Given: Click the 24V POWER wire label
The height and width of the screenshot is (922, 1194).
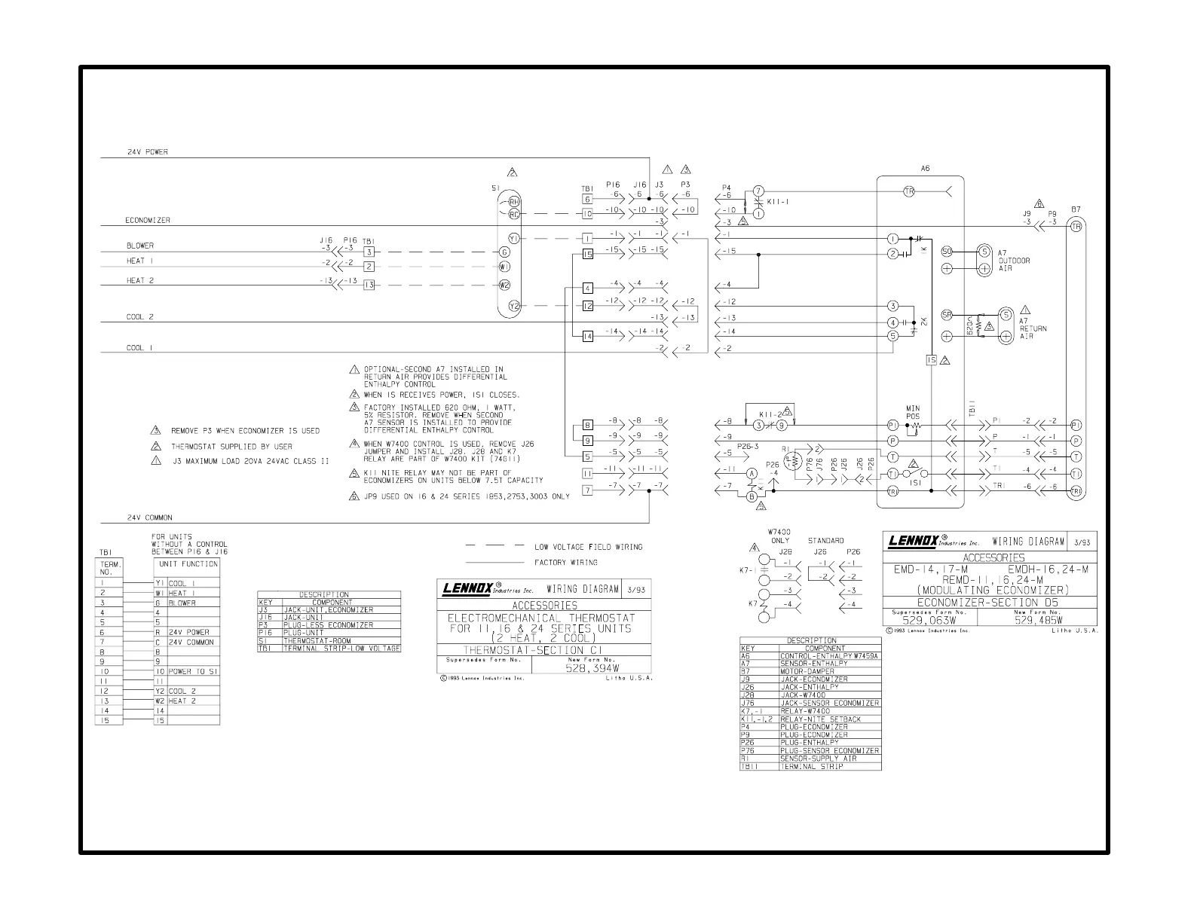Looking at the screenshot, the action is click(147, 152).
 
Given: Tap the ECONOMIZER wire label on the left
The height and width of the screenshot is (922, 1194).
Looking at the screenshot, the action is click(148, 221).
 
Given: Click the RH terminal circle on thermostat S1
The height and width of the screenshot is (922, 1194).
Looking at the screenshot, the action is click(514, 201).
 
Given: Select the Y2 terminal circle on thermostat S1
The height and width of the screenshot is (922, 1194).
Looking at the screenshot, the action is click(514, 306).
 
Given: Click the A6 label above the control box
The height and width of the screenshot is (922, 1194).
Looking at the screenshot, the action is click(926, 169).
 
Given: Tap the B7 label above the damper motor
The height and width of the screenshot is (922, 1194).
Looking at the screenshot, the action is click(1076, 209).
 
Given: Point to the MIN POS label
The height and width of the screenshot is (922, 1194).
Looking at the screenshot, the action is click(913, 412).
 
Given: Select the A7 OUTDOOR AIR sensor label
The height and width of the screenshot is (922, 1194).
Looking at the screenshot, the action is click(1014, 261).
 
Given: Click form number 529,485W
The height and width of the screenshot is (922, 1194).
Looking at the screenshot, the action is click(1038, 621).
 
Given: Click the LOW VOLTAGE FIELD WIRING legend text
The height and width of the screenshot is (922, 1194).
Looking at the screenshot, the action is click(589, 547).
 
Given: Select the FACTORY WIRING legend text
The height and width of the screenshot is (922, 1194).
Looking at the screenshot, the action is click(565, 562).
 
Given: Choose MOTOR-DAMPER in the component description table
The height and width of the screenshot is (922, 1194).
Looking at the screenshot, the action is click(807, 671).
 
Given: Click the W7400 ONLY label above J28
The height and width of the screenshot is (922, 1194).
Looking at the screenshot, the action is click(779, 536).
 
